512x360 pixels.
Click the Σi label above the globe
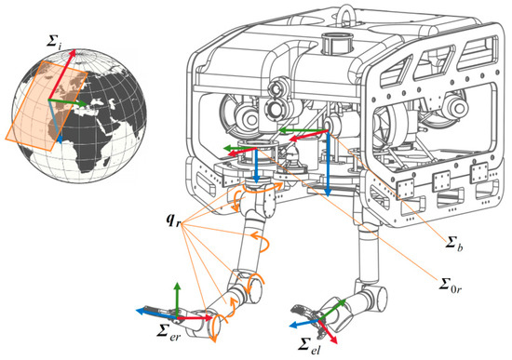(x=54, y=42)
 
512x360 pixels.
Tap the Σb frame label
(x=454, y=244)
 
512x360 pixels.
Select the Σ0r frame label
(x=451, y=286)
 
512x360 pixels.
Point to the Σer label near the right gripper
(x=168, y=333)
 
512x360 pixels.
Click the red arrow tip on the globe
(x=74, y=50)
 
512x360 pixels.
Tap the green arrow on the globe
(x=68, y=101)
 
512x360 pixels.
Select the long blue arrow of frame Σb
(x=328, y=164)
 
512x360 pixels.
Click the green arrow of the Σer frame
(x=177, y=300)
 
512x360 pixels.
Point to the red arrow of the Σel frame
(x=327, y=331)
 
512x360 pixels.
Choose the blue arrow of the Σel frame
(x=304, y=323)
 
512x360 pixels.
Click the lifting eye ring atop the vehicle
(x=344, y=10)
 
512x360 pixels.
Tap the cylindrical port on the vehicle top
(x=337, y=43)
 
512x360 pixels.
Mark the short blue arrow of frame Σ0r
(x=256, y=166)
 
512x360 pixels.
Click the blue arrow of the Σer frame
(x=156, y=313)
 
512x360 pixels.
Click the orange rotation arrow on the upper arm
(x=262, y=241)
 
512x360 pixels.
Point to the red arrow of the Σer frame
(x=195, y=317)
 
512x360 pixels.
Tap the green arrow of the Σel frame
(x=332, y=310)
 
